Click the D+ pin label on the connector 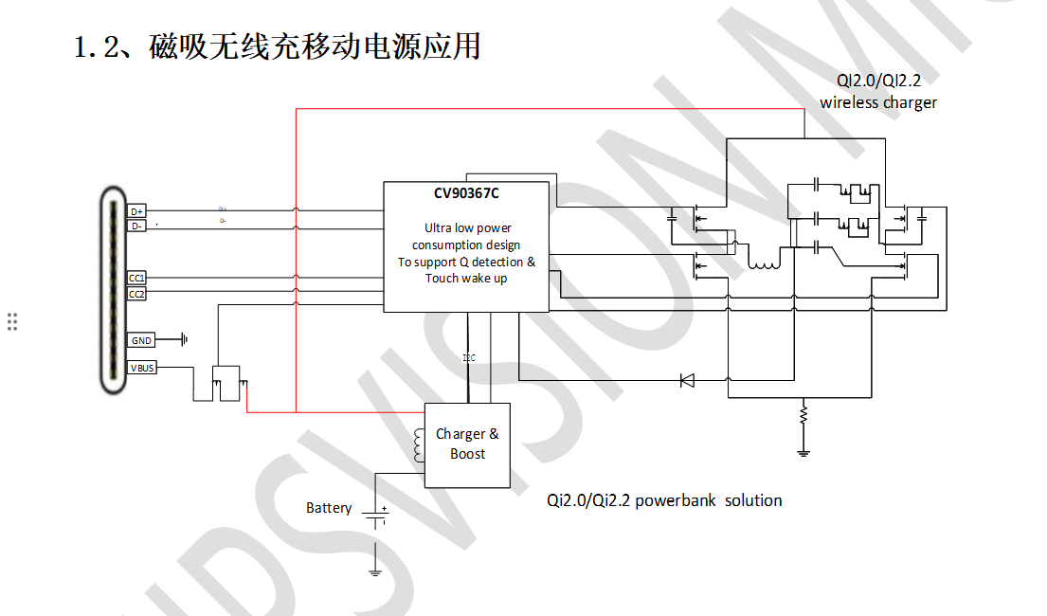click(137, 210)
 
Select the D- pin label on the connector click(137, 226)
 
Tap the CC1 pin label click(137, 278)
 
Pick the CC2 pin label click(137, 294)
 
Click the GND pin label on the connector click(141, 340)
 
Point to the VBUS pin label click(142, 368)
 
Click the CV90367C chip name click(466, 194)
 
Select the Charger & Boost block click(467, 444)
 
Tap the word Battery click(329, 509)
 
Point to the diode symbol click(688, 380)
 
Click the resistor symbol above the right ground click(803, 415)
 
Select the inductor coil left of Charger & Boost click(418, 445)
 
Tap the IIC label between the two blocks click(469, 358)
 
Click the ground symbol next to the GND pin click(184, 339)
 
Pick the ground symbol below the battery click(375, 571)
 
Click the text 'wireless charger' click(877, 102)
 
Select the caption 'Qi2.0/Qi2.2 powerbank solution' click(664, 500)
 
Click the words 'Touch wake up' click(466, 279)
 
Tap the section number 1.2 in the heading click(95, 46)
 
